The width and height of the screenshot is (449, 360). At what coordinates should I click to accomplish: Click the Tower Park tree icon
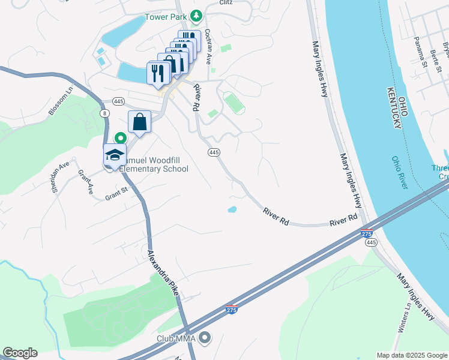[195, 16]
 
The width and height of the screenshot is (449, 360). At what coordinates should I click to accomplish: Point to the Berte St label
[435, 61]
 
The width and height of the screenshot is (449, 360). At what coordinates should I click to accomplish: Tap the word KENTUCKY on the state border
[394, 107]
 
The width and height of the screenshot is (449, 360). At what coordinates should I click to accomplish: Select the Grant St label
[117, 193]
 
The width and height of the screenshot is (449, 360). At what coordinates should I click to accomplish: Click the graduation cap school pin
[115, 155]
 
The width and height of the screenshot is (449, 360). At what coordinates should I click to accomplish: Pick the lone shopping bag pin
[139, 122]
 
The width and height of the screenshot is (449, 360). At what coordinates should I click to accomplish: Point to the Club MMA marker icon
[205, 338]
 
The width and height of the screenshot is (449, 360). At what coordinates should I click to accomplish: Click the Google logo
[20, 353]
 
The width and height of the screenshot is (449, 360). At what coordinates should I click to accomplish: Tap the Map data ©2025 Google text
[411, 355]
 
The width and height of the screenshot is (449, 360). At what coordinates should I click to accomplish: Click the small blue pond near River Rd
[232, 209]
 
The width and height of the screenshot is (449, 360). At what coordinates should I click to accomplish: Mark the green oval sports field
[234, 102]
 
